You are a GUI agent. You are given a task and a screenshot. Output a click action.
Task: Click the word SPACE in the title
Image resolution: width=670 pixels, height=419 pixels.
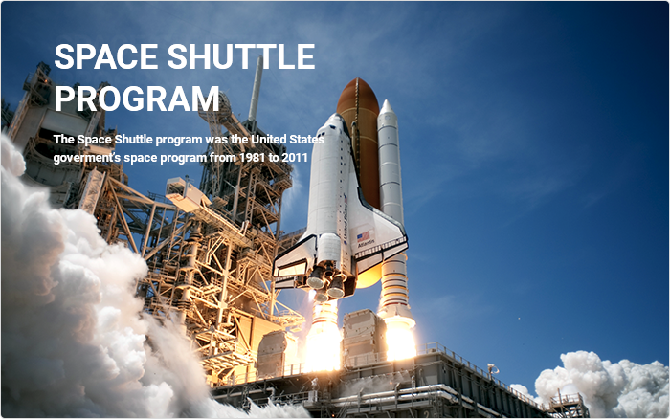(106, 56)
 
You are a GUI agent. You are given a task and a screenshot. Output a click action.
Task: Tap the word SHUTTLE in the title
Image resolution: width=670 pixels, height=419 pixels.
(241, 56)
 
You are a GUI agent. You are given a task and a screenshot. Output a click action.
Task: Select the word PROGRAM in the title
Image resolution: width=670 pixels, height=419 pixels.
(137, 99)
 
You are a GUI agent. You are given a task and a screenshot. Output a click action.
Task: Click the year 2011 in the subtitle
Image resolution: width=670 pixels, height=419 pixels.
(295, 158)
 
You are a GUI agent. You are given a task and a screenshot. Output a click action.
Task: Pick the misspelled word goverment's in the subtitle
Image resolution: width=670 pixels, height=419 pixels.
(87, 158)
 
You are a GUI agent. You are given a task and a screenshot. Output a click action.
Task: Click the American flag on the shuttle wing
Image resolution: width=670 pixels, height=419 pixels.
(364, 236)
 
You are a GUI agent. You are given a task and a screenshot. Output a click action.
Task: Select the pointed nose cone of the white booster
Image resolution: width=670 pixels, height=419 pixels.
(387, 107)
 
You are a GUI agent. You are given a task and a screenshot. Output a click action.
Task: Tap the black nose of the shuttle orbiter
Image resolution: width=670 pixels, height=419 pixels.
(335, 117)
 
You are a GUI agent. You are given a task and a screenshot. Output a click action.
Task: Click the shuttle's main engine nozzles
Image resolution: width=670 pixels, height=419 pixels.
(326, 282)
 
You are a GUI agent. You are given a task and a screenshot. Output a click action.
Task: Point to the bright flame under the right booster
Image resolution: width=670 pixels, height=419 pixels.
(400, 340)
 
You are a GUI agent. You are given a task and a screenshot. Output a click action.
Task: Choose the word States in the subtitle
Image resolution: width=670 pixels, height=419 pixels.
(307, 140)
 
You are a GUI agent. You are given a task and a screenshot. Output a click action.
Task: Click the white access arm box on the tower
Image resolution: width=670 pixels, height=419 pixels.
(183, 193)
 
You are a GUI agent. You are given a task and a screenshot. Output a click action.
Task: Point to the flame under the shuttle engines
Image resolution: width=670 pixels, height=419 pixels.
(324, 338)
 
